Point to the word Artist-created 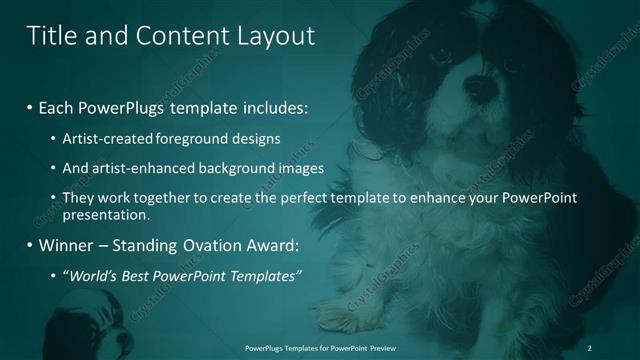coord(104,138)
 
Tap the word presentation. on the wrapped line coord(105,215)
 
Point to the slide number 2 coord(591,347)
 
